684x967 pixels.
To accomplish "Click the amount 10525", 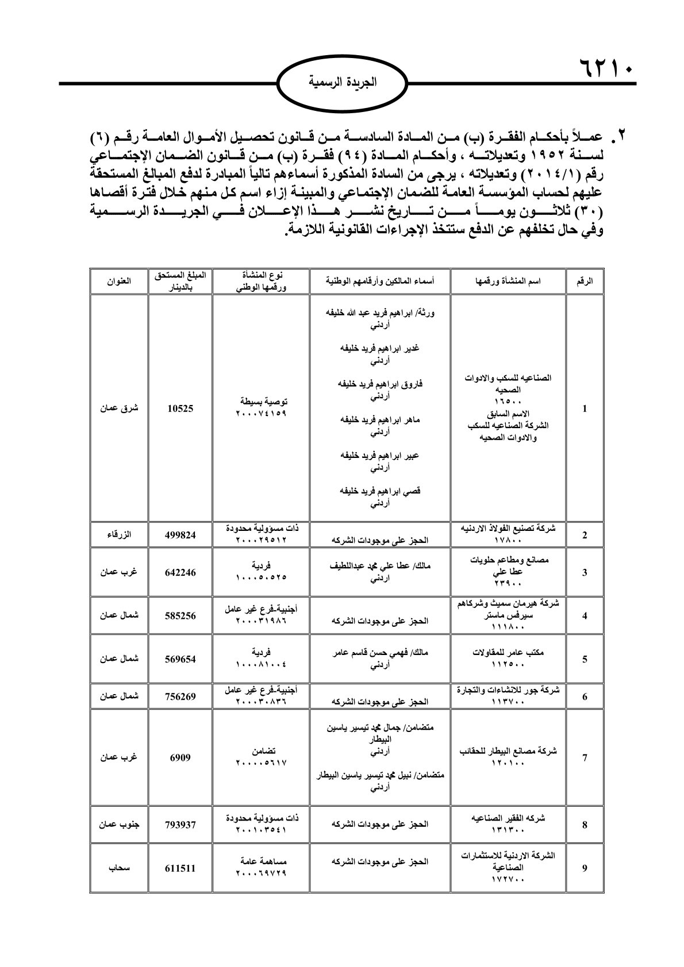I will click(x=181, y=409).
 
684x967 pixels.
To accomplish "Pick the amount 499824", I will click(x=181, y=535).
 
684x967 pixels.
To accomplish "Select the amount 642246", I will click(x=181, y=572).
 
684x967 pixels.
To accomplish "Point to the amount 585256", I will click(x=181, y=615).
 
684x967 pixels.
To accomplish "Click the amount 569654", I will click(x=181, y=659).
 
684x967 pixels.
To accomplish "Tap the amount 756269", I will click(x=181, y=697).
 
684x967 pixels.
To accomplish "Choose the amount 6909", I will click(x=181, y=757).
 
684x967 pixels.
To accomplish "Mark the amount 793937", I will click(x=181, y=825).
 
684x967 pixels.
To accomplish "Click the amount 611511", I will click(x=181, y=868).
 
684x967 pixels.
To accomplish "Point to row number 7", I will click(x=585, y=757).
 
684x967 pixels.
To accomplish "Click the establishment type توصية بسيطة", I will click(x=261, y=402).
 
